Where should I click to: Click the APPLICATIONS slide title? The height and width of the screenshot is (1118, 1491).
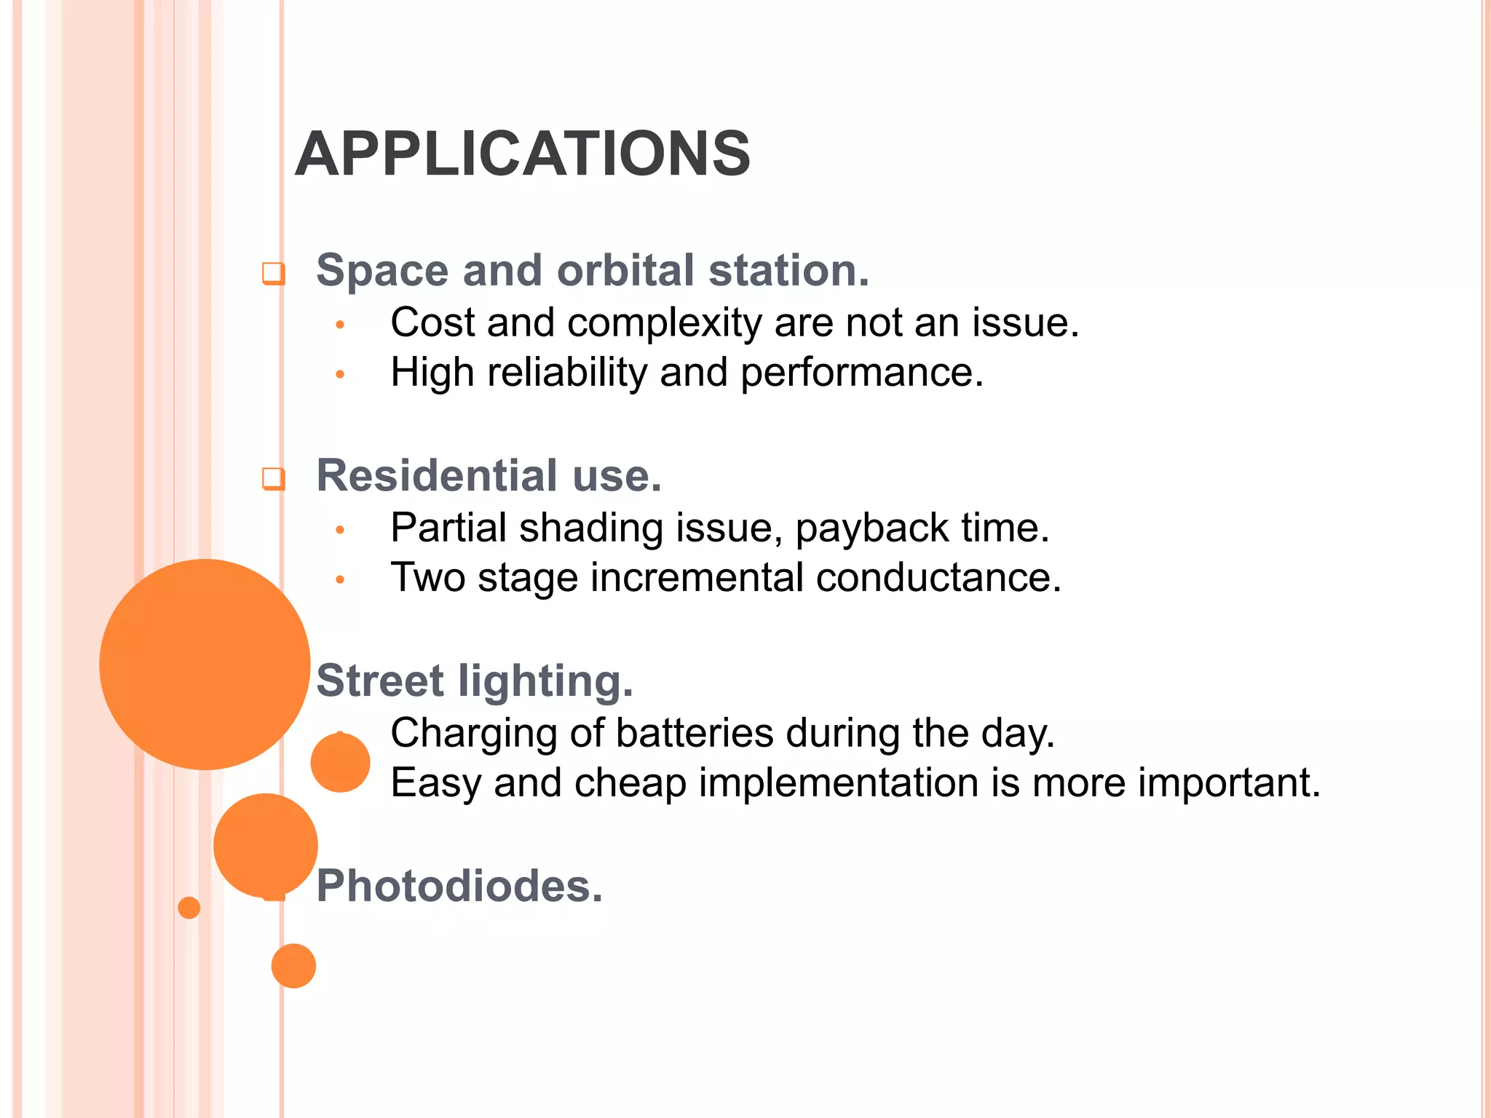tap(522, 154)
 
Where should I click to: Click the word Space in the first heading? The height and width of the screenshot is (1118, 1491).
tap(383, 270)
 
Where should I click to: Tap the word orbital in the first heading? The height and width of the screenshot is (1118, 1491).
tap(625, 270)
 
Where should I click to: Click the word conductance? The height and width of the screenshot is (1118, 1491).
tap(938, 578)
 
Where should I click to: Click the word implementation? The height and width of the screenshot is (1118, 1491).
tap(837, 783)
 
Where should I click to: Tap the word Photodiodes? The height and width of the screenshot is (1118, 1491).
tap(459, 886)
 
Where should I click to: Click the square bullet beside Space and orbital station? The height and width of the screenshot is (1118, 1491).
tap(273, 274)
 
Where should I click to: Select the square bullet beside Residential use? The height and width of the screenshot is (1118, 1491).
tap(273, 479)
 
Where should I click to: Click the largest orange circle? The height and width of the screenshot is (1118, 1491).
tap(205, 664)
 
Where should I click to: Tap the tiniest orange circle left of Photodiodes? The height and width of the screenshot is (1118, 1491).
tap(189, 908)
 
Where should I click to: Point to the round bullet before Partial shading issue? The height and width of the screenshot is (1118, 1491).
tap(339, 530)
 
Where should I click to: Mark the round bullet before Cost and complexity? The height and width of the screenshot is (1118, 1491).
tap(339, 325)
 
